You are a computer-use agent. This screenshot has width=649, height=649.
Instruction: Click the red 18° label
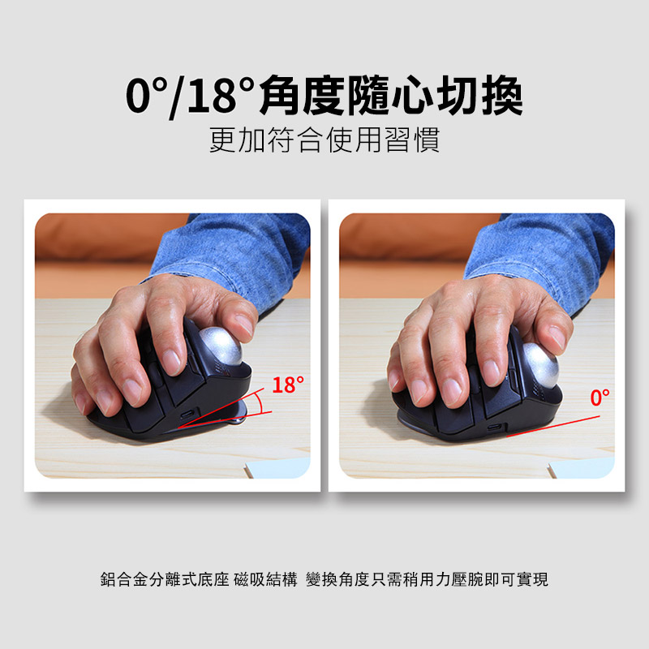click(288, 385)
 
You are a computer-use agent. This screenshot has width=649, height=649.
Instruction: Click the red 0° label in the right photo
click(600, 398)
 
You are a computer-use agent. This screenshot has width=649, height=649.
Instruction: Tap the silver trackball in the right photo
click(539, 364)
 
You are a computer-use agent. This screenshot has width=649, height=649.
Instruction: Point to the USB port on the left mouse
click(187, 415)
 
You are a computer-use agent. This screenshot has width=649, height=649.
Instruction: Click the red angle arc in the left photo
click(259, 402)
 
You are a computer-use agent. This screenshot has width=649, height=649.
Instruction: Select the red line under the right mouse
click(553, 426)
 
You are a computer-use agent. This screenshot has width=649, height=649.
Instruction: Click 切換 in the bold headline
click(480, 96)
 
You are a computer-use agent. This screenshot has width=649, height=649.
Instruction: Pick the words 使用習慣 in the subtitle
click(383, 140)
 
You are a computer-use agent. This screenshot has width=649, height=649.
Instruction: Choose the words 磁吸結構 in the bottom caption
click(265, 579)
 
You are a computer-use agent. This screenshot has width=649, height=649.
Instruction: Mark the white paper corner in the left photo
click(277, 468)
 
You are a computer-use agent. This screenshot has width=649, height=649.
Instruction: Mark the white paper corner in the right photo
click(581, 468)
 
